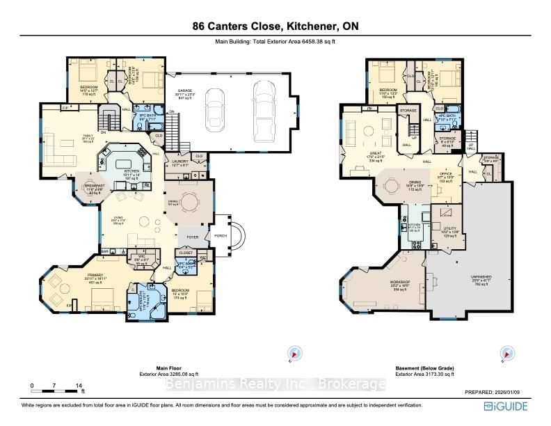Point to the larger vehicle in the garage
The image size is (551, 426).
point(264,111)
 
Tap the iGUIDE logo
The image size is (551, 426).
point(510,407)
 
